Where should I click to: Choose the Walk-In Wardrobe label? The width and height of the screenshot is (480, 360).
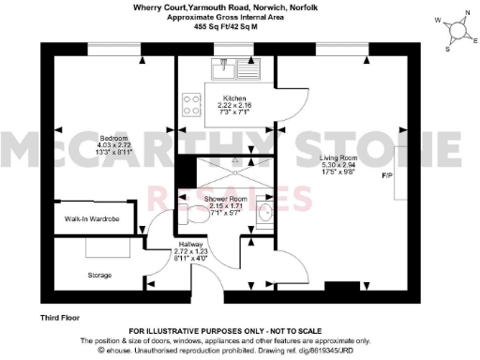click(x=92, y=218)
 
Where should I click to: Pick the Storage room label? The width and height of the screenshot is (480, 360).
click(x=100, y=275)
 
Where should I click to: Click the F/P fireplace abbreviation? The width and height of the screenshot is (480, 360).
click(x=386, y=175)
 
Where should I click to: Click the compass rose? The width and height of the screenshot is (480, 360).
click(x=457, y=30)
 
